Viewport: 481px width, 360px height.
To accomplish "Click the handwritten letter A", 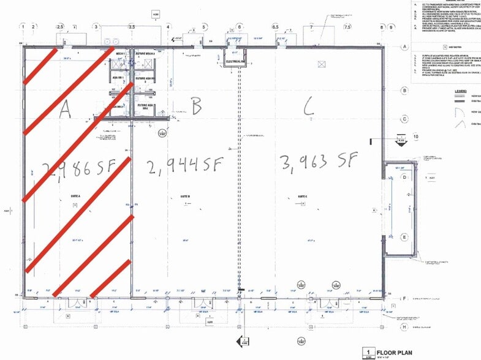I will click(x=66, y=108).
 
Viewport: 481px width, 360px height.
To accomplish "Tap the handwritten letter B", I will click(x=196, y=108).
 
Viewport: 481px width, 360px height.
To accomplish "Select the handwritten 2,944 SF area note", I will click(x=184, y=165).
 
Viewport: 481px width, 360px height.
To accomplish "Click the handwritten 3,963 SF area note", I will click(x=318, y=162).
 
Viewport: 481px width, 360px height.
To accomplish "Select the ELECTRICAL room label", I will click(x=235, y=62).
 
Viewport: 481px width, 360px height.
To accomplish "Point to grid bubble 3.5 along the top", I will click(x=131, y=27).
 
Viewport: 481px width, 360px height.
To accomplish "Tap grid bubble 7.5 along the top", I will click(x=347, y=27).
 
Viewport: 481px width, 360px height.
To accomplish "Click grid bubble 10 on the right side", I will click(x=415, y=136).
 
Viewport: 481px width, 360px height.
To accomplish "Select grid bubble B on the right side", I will click(x=404, y=91).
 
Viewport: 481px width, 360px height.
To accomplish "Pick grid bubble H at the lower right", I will click(x=404, y=327).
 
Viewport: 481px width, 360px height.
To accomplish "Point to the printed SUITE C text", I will click(x=303, y=197).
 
